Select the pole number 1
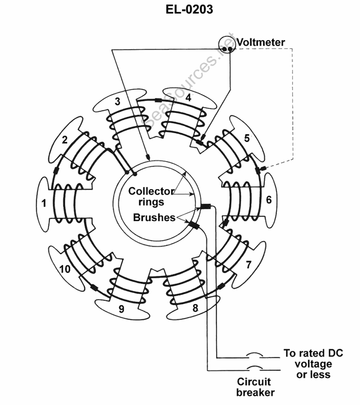click(x=44, y=203)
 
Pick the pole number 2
click(x=65, y=139)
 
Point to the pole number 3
click(x=117, y=101)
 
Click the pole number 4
click(x=188, y=97)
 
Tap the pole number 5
click(x=247, y=138)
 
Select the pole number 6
click(x=269, y=200)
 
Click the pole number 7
click(x=248, y=265)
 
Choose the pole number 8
click(x=195, y=308)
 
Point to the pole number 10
click(x=65, y=269)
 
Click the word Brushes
click(x=154, y=218)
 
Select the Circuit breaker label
click(x=255, y=387)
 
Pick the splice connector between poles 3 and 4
click(x=158, y=99)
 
